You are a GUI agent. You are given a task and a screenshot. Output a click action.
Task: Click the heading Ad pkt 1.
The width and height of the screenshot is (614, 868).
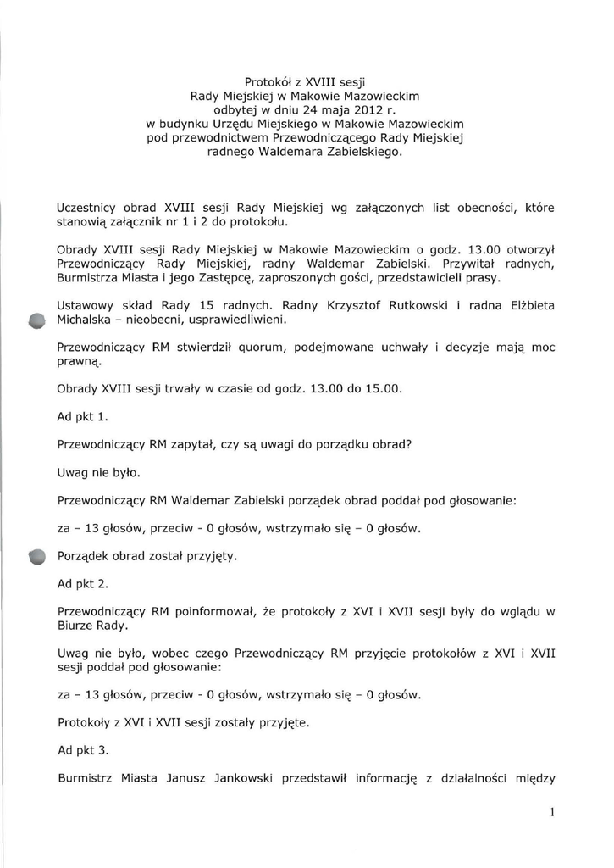83,417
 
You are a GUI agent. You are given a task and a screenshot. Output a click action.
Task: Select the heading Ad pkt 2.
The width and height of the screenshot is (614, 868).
83,584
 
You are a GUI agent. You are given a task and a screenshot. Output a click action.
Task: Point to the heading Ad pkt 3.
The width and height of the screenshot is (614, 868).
83,750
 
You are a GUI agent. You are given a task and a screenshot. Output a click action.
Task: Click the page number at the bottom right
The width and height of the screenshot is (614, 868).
551,812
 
